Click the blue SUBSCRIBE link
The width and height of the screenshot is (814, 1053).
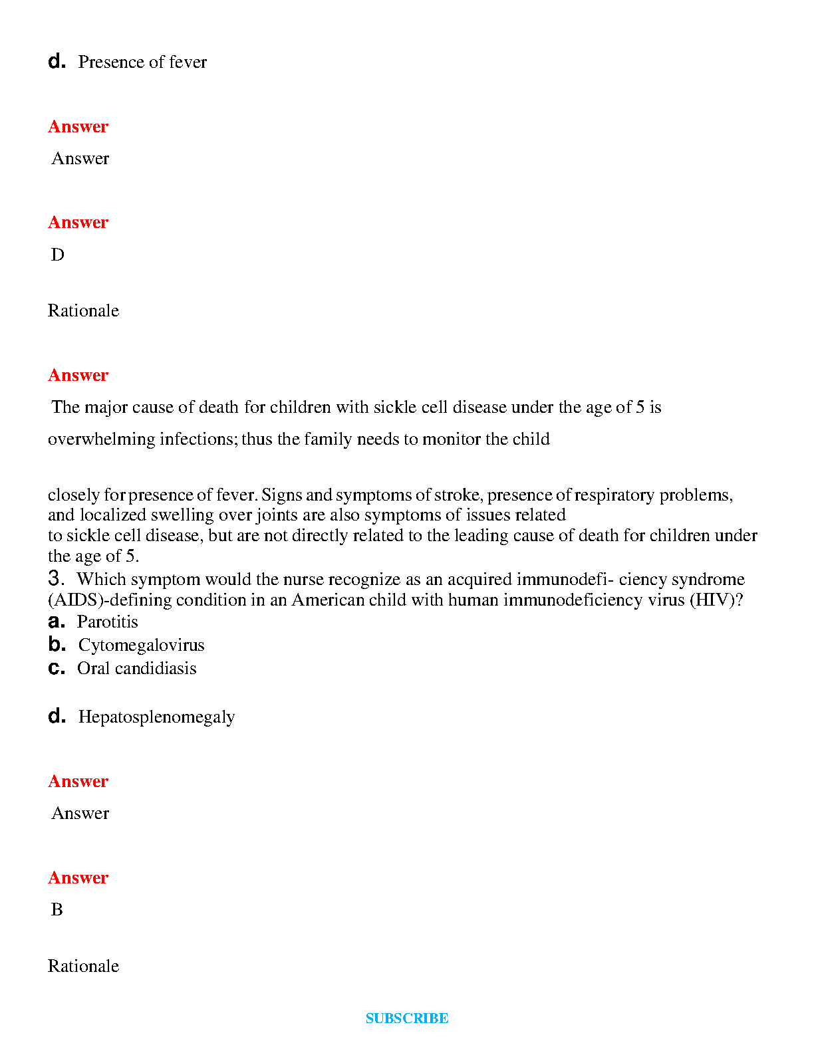click(407, 1018)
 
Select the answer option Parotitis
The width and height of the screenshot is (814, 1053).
click(108, 622)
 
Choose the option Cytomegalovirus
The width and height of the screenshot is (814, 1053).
click(141, 645)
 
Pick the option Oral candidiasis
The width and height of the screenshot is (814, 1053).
click(136, 669)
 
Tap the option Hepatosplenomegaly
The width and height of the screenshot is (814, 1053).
click(156, 717)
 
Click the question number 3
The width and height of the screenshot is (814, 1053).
click(56, 578)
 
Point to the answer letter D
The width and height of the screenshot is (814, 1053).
click(58, 255)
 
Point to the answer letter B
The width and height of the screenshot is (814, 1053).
click(57, 910)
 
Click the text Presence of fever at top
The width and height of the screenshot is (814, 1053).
click(142, 62)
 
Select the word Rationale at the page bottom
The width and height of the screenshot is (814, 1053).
click(83, 967)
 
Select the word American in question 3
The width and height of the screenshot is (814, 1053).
click(326, 600)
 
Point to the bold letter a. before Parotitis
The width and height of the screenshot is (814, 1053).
click(57, 622)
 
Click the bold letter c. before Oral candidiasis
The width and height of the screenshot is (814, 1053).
click(57, 668)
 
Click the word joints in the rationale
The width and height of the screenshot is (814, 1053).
click(276, 515)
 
